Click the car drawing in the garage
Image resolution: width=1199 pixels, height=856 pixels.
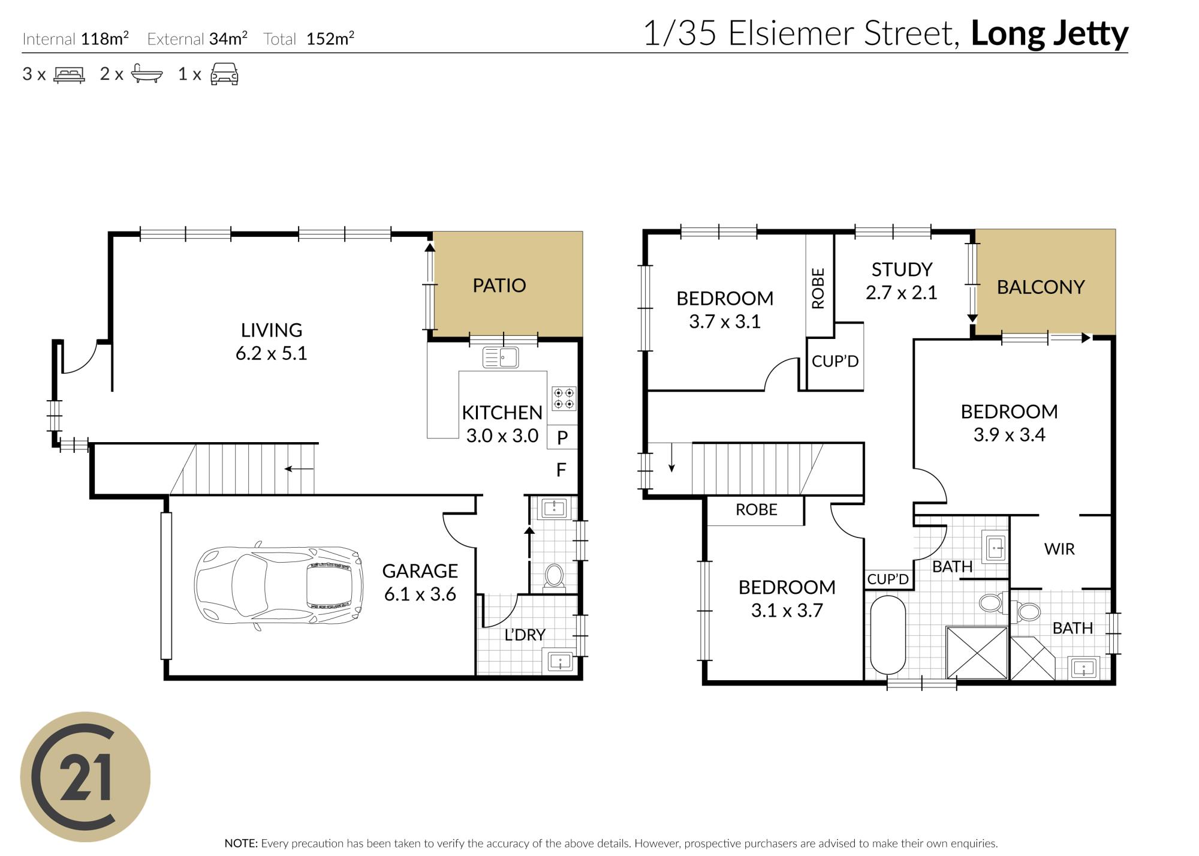(x=279, y=585)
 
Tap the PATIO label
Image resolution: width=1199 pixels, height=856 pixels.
(x=499, y=286)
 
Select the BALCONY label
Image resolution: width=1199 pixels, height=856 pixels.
(x=1041, y=287)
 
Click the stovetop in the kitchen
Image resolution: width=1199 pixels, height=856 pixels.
(x=564, y=398)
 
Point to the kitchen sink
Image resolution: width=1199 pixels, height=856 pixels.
(x=501, y=358)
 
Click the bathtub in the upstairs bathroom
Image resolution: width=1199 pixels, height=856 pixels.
(x=888, y=635)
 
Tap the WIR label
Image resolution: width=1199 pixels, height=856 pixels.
(x=1059, y=549)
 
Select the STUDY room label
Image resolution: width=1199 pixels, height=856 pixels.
(x=902, y=270)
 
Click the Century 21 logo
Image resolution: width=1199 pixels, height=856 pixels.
(x=85, y=777)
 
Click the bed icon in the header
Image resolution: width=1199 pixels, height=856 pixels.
(x=70, y=74)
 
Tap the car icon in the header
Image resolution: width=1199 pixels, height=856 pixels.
(x=224, y=74)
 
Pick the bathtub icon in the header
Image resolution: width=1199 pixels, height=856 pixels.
(x=147, y=74)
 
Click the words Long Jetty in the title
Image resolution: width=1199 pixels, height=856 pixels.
(x=1049, y=34)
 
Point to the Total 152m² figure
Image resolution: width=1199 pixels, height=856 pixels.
(x=309, y=39)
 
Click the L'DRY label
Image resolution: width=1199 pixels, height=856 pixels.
(x=525, y=635)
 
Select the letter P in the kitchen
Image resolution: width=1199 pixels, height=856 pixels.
(x=562, y=438)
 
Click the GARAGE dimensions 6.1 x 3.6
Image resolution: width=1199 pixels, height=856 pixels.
(x=420, y=594)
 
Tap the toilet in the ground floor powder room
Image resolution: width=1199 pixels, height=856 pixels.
(x=554, y=576)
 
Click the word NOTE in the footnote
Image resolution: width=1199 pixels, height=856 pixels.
(x=241, y=843)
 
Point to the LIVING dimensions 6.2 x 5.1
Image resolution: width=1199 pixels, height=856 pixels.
(x=271, y=353)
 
